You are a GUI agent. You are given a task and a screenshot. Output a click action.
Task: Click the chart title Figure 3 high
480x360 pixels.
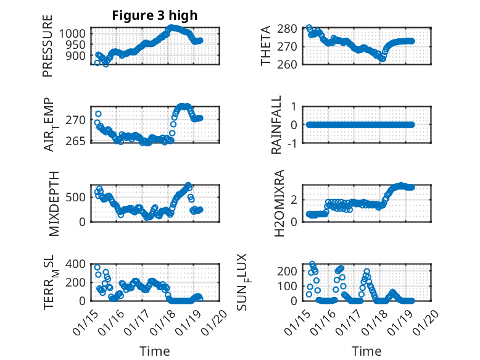(x=155, y=16)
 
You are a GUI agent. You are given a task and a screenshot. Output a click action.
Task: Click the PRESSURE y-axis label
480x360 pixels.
(x=48, y=50)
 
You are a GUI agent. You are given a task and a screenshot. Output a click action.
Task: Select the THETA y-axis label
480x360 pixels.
(x=266, y=46)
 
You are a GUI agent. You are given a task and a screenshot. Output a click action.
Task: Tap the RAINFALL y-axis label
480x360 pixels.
(x=277, y=124)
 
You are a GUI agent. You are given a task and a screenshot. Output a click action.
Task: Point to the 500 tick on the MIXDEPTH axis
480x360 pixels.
(x=78, y=197)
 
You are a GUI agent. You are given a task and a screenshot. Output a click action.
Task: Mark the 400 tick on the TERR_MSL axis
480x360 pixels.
(x=78, y=264)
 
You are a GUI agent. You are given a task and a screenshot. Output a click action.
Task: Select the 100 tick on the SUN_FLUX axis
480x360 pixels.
(x=290, y=286)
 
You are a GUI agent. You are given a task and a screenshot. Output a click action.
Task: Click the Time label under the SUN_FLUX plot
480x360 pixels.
(x=366, y=351)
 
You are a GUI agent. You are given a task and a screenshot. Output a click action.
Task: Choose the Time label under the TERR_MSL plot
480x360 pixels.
(x=154, y=351)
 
